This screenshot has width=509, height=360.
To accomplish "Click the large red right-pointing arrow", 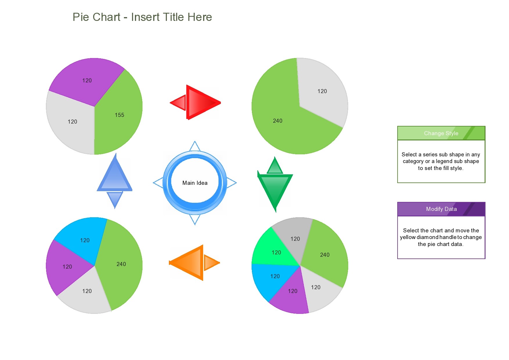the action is tap(202, 102).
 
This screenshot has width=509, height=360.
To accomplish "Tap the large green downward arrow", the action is tap(275, 189).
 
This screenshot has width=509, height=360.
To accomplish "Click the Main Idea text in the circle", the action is tap(195, 183).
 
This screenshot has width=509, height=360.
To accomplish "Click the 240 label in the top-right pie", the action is tap(277, 121).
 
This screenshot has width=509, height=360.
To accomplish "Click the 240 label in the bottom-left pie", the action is tap(121, 264).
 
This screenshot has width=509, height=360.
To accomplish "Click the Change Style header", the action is tap(441, 133).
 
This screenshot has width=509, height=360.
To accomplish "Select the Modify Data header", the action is tap(441, 209).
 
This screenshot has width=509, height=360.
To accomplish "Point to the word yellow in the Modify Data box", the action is tap(408, 237).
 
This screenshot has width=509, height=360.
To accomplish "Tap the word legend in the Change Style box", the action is tap(444, 161).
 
